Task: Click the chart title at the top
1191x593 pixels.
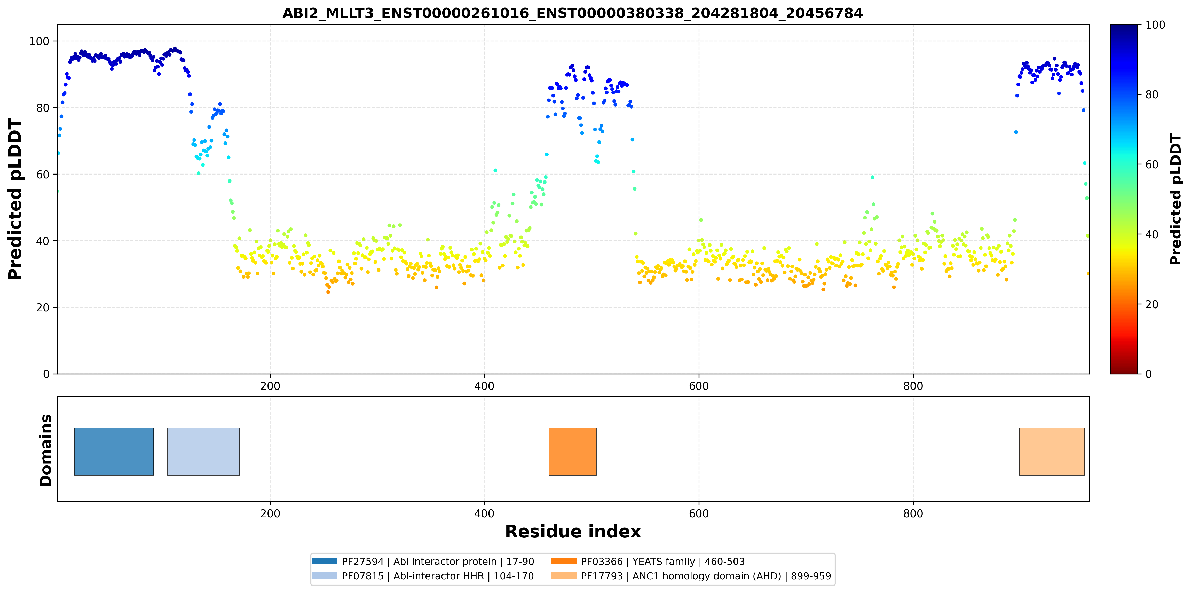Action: pyautogui.click(x=572, y=13)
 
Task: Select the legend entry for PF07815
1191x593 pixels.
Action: pyautogui.click(x=423, y=576)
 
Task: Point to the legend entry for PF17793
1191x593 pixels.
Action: pyautogui.click(x=691, y=576)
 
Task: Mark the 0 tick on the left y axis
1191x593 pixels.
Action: pyautogui.click(x=46, y=374)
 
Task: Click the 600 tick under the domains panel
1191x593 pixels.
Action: pyautogui.click(x=699, y=513)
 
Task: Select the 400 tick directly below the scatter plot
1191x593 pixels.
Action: pyautogui.click(x=485, y=386)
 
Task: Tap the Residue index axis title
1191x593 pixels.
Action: pyautogui.click(x=573, y=532)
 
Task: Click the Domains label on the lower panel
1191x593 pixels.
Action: pyautogui.click(x=46, y=450)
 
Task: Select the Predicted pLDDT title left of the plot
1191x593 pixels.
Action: pyautogui.click(x=15, y=199)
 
